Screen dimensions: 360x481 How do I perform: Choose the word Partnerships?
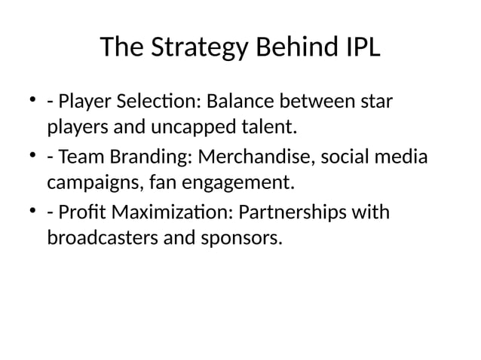click(x=301, y=213)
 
